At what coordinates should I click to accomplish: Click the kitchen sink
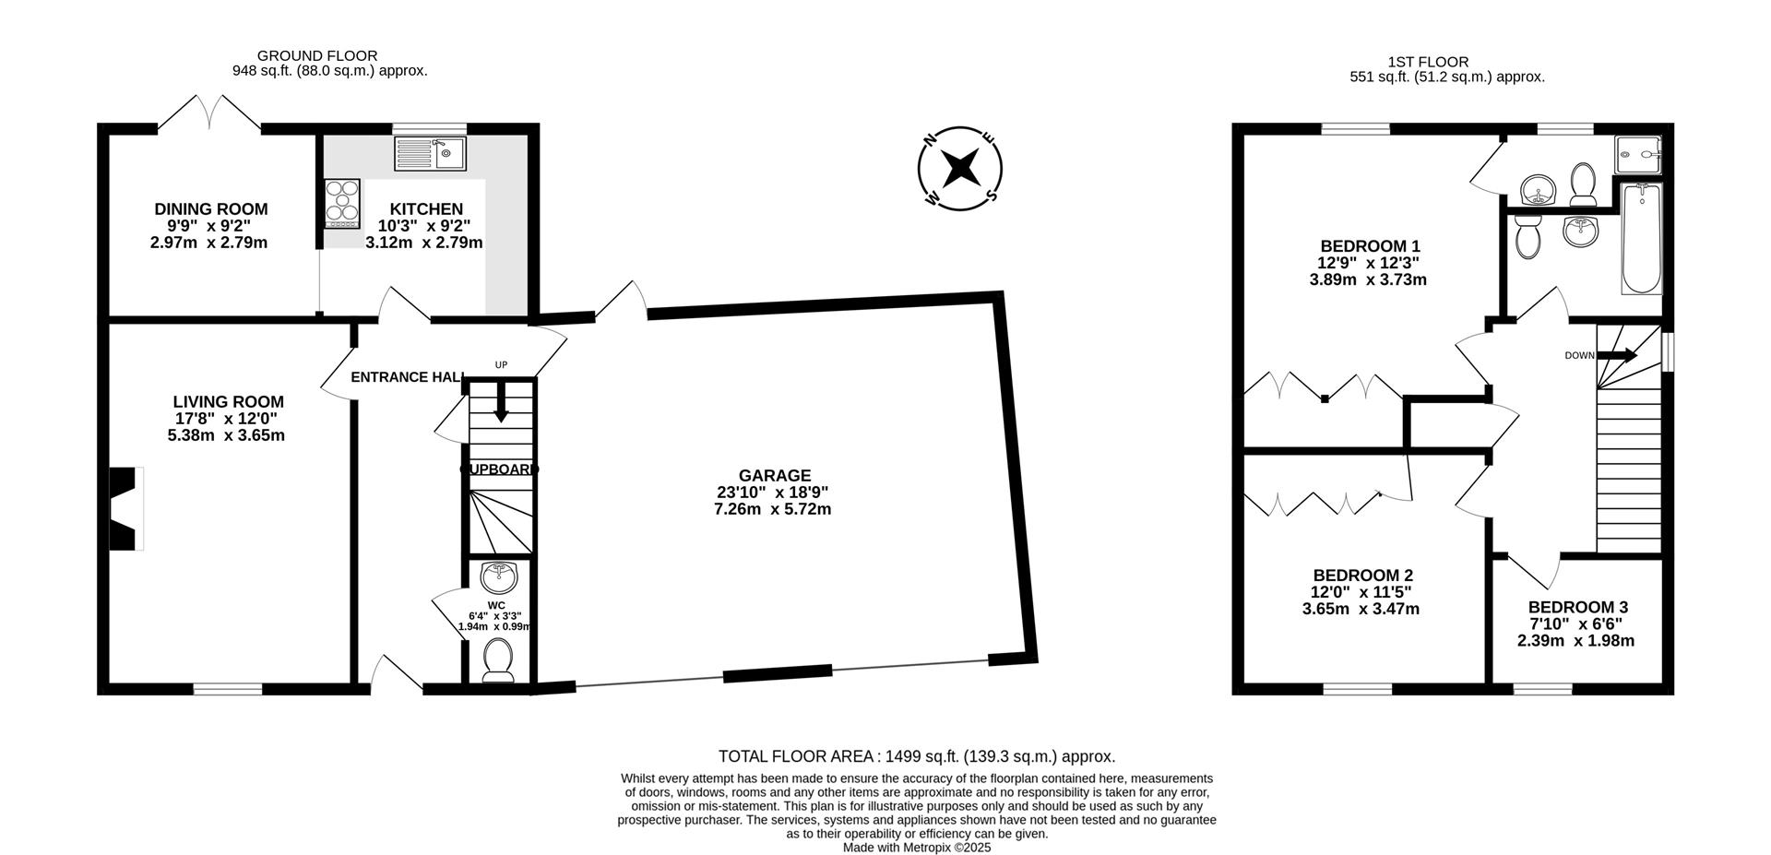point(431,153)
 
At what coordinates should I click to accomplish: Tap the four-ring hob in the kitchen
point(342,203)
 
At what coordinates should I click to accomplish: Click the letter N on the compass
point(932,140)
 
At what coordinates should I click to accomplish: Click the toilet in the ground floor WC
point(498,660)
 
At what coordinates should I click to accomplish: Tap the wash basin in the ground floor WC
point(499,576)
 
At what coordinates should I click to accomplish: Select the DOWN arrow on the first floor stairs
point(1617,355)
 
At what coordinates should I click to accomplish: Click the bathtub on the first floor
point(1642,238)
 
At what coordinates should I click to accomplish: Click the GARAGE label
point(775,475)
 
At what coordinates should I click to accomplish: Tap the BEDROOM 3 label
point(1577,607)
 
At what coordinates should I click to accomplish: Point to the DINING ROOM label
point(211,209)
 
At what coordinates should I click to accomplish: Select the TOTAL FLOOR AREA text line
point(917,756)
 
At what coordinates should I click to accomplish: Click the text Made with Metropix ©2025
point(917,848)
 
